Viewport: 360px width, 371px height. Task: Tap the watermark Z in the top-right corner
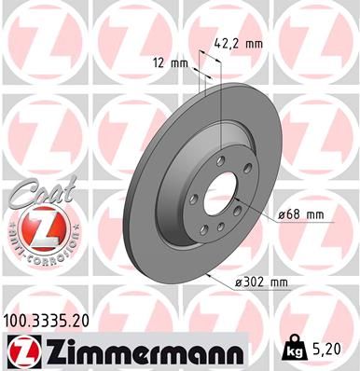click(317, 37)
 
